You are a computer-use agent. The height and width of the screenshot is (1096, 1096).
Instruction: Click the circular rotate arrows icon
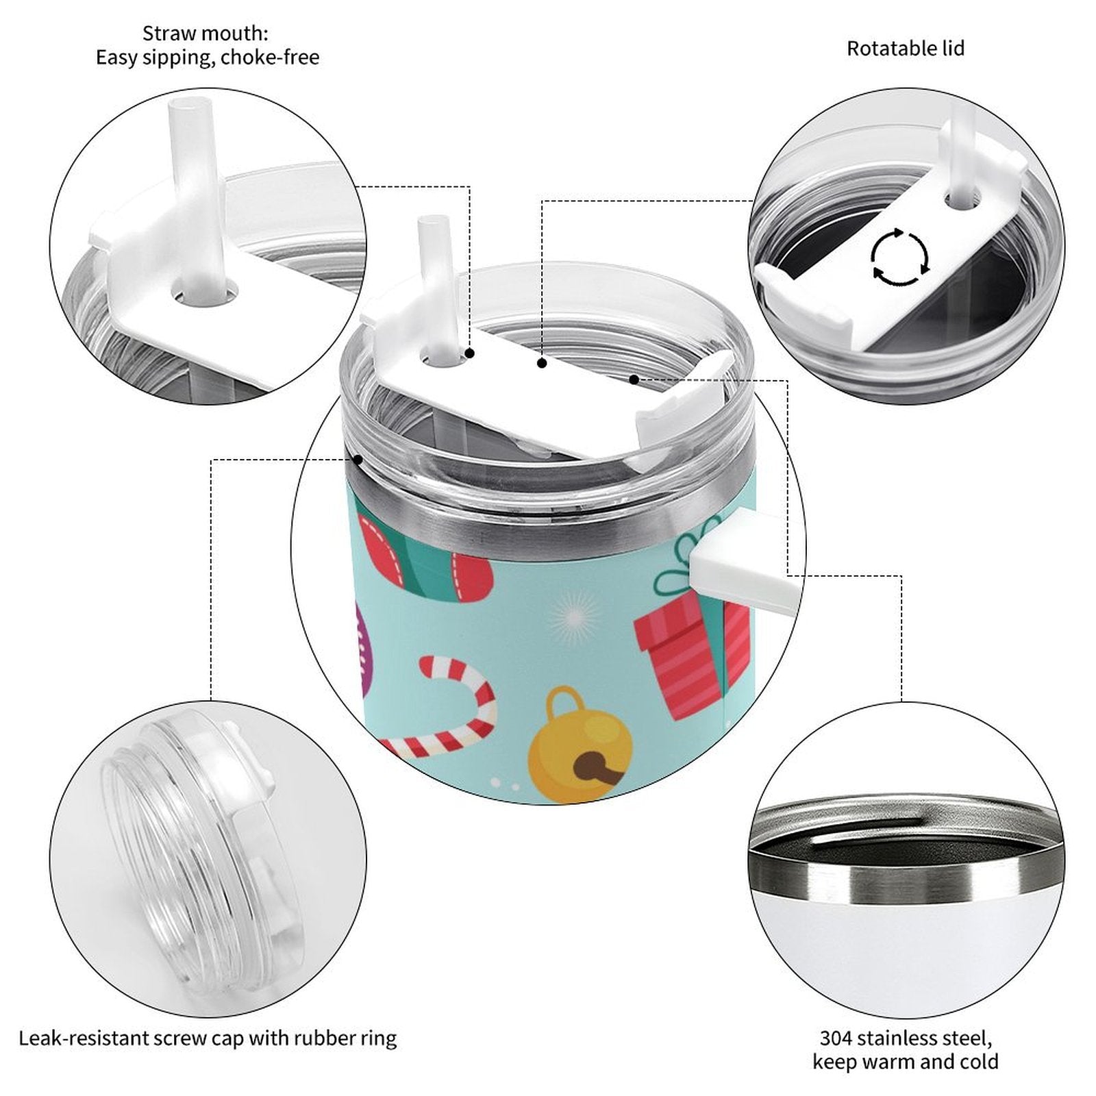(899, 258)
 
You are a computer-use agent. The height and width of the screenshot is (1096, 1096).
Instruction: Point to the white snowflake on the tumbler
(574, 615)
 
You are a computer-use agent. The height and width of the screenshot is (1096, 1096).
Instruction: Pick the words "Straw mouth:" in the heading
(206, 32)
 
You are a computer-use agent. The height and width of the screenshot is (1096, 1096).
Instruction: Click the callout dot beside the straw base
(471, 353)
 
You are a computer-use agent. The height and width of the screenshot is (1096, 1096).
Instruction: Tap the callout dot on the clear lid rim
(358, 459)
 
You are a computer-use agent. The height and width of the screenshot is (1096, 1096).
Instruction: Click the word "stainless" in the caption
(901, 1038)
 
